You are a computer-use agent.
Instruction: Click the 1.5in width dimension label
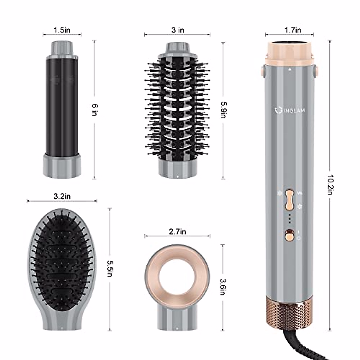point(62,30)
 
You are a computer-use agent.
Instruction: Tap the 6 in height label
point(94,110)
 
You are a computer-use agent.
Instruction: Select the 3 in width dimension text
point(178,30)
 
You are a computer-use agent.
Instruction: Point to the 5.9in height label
point(223,110)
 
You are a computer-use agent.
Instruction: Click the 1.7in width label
point(293,30)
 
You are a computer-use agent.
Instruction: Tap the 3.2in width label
point(62,196)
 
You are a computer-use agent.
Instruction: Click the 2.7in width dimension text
point(178,232)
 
